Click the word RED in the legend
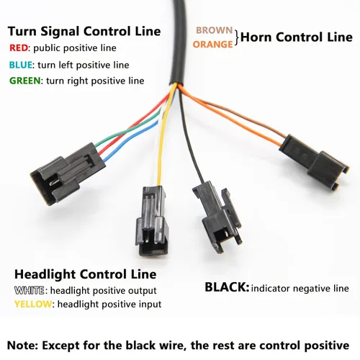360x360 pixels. click(19, 48)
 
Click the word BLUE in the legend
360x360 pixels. click(21, 65)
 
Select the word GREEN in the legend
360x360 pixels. click(25, 81)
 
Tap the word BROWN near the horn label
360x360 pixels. click(215, 30)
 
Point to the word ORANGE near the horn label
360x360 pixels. click(213, 45)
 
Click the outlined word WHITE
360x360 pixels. click(30, 290)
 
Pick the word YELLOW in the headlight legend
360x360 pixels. click(33, 304)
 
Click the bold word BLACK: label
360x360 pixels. click(227, 287)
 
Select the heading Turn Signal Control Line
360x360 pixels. click(84, 32)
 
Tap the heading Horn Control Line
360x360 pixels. click(297, 37)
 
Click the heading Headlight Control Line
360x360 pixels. click(86, 274)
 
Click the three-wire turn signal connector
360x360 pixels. click(68, 174)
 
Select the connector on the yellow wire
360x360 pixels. click(152, 221)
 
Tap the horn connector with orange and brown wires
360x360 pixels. click(314, 162)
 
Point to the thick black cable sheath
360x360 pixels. click(179, 42)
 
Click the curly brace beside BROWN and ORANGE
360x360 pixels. click(237, 37)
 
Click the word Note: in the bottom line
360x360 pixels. click(22, 346)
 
